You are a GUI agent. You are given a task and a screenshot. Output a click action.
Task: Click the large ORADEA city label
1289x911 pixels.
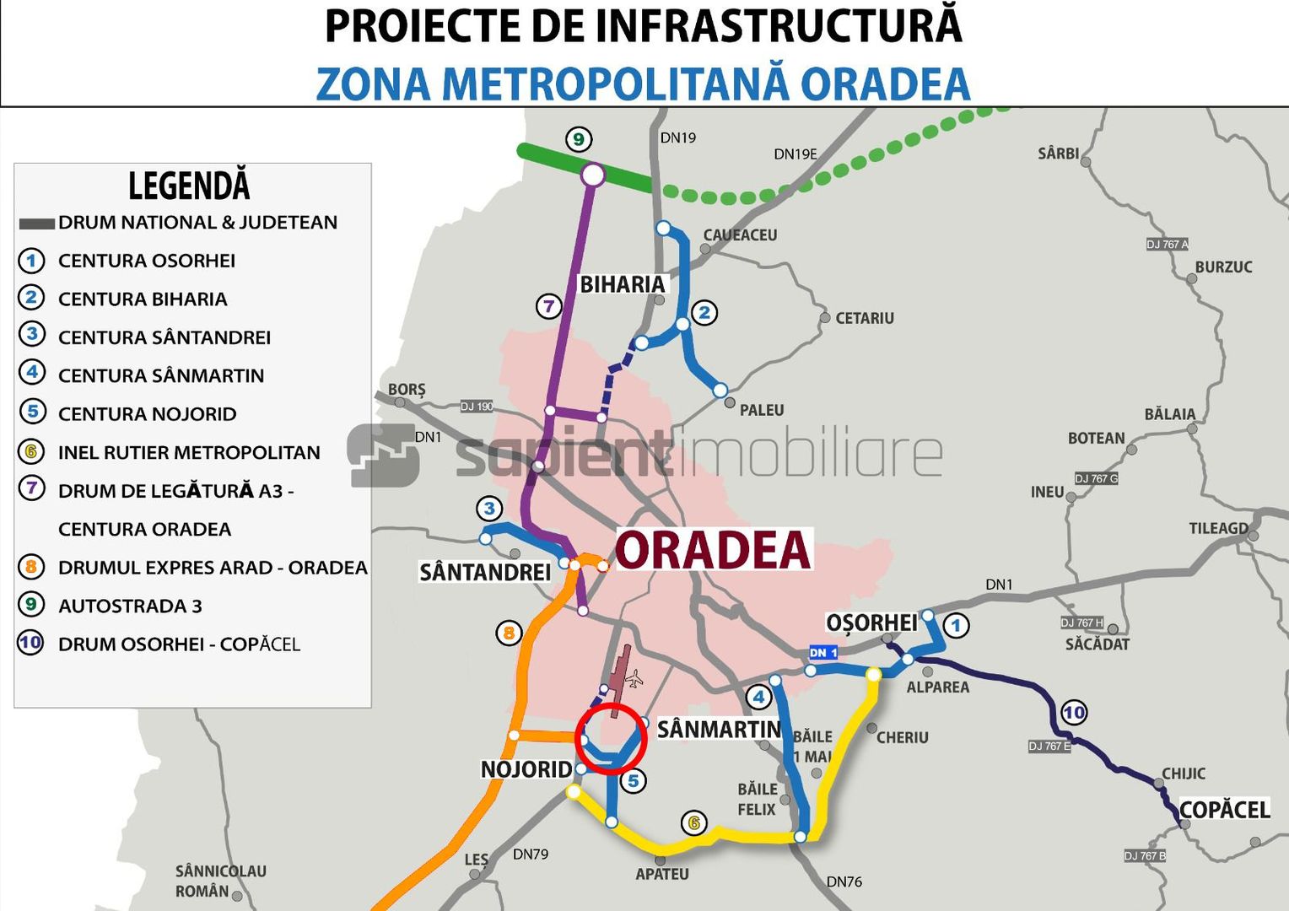coord(714,550)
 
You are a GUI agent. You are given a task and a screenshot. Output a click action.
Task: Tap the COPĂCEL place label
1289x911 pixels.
coord(1224,810)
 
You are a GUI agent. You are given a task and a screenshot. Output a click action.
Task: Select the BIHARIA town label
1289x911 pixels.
coord(623,284)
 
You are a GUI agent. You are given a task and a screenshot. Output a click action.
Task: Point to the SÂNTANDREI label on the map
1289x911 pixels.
coord(485,573)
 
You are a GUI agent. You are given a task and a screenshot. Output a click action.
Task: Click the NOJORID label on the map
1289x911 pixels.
coord(526,769)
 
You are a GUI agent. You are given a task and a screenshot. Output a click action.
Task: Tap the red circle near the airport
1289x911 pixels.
coord(611,738)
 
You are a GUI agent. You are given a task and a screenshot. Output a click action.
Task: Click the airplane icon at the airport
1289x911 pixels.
coord(634,679)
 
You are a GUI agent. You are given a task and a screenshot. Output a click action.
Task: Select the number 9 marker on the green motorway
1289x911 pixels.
coord(578,139)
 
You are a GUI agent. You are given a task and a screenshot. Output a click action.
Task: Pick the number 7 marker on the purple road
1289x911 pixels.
coord(549,306)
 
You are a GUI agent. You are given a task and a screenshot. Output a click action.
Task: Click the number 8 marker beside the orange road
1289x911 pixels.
coord(509,633)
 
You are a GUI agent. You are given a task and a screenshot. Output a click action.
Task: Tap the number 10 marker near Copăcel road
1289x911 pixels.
coord(1074,713)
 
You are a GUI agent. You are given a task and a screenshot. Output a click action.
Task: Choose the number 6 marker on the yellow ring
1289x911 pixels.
coord(694,822)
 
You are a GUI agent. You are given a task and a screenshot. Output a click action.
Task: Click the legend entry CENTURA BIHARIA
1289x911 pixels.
coord(143,299)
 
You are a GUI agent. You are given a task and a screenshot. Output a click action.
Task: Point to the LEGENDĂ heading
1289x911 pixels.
coord(189,186)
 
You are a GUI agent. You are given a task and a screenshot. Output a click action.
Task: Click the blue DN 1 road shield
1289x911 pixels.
coord(823,652)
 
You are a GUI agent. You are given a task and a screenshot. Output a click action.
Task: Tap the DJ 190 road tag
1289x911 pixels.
coord(477,407)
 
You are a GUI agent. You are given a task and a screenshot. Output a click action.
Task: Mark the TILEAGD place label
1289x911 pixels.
coord(1218,528)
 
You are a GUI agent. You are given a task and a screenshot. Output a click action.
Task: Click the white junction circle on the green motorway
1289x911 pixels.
coord(593,175)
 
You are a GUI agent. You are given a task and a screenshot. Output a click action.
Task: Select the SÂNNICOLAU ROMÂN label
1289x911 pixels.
coord(219,881)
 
